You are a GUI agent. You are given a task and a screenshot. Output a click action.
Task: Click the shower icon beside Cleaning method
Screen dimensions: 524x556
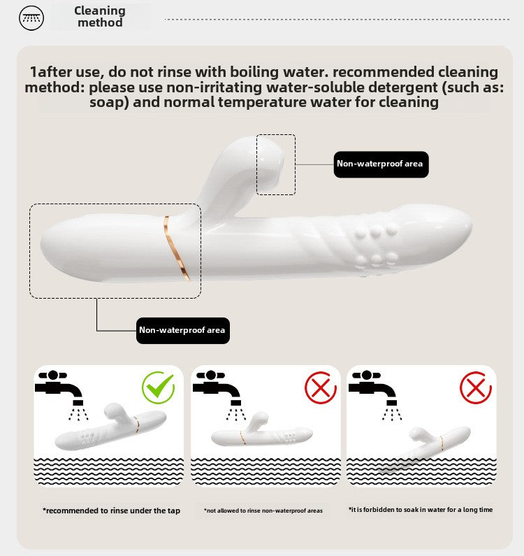point(31,17)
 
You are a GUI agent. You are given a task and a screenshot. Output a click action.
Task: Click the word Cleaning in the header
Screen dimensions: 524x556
point(100,10)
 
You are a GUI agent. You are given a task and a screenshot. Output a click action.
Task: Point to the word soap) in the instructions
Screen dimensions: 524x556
point(109,102)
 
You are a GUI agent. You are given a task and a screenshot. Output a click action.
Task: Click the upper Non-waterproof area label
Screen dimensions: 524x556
point(381,164)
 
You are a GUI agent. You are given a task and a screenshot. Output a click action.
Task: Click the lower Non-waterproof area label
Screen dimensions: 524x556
point(183,331)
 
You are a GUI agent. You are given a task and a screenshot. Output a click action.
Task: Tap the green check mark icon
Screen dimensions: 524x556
point(159,387)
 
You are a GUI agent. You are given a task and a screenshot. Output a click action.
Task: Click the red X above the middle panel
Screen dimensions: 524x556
point(321,387)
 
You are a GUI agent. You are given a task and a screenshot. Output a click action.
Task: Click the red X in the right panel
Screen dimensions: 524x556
point(476,387)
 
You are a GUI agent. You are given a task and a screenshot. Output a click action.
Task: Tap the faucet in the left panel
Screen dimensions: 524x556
point(59,387)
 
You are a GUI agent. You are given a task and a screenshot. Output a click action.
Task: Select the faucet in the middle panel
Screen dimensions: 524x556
point(217,387)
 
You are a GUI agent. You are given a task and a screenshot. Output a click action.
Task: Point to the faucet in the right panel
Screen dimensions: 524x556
point(372,387)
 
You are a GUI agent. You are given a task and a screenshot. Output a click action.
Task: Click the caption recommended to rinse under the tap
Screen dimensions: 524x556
point(112,511)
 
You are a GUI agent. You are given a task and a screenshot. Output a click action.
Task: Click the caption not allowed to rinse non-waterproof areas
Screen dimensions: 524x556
point(263,511)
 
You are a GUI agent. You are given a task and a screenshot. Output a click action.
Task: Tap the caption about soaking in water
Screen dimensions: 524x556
point(421,510)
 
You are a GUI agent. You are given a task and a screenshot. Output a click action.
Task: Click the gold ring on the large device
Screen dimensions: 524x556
point(175,247)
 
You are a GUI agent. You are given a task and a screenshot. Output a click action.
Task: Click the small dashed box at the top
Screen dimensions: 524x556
point(276,134)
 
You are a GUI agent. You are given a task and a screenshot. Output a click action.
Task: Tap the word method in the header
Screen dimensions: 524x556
point(101,22)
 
